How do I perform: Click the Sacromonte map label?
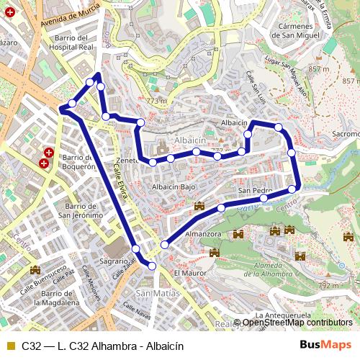[344, 134]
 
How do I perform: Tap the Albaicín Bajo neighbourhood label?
[173, 186]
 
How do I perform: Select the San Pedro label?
[254, 191]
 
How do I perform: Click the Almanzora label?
[202, 234]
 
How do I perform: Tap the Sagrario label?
[114, 261]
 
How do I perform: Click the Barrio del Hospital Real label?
[72, 42]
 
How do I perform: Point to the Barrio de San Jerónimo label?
[81, 210]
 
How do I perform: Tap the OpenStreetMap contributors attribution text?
[297, 323]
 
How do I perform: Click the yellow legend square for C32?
[10, 346]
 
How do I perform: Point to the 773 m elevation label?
[156, 102]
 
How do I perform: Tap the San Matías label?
[153, 293]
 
